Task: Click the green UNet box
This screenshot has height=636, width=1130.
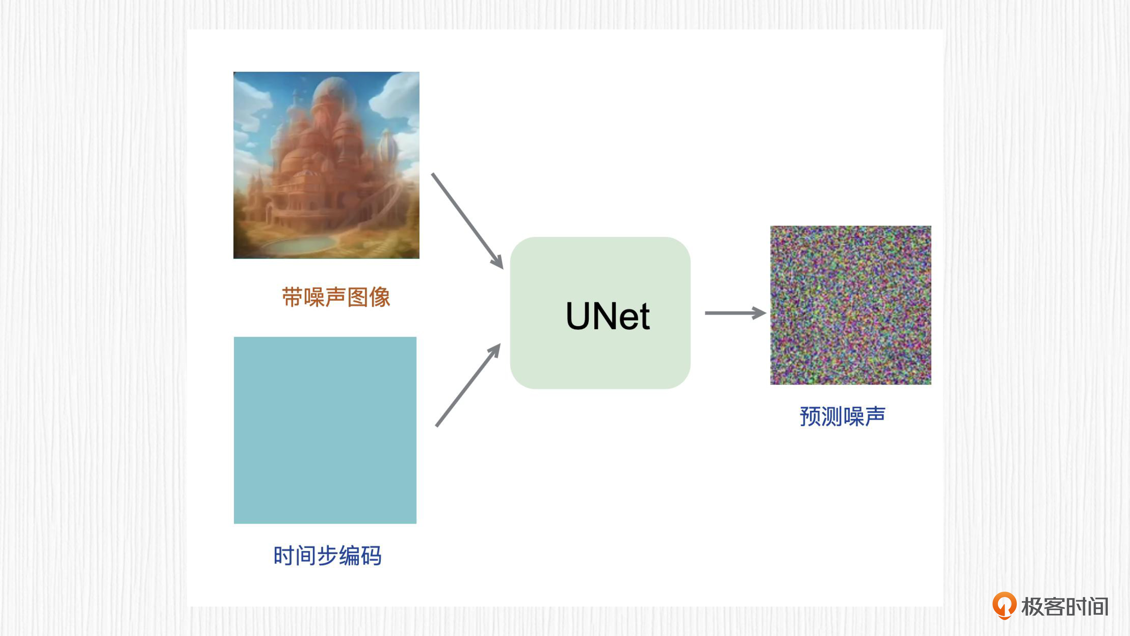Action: (x=600, y=313)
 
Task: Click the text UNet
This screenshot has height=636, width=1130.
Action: (x=608, y=316)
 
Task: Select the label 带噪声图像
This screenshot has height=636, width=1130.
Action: (x=336, y=297)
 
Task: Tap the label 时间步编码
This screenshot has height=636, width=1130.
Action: (x=327, y=556)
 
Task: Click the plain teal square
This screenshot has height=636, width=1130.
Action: (x=325, y=430)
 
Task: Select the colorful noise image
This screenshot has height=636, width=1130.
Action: (x=851, y=305)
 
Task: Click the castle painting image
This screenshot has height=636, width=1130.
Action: (x=326, y=165)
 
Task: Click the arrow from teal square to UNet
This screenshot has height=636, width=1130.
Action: (x=468, y=384)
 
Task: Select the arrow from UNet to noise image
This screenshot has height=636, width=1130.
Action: (x=736, y=313)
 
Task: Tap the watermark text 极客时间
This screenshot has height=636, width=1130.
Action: (x=1065, y=607)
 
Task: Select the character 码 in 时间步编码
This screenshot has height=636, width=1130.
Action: (x=371, y=556)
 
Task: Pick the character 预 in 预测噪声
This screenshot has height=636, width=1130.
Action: (x=810, y=416)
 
